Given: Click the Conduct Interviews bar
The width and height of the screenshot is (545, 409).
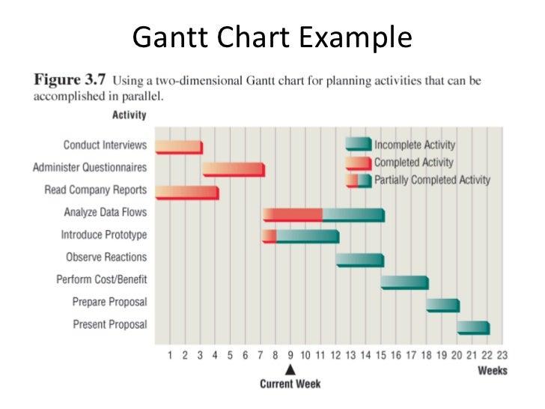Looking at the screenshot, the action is pos(178,147).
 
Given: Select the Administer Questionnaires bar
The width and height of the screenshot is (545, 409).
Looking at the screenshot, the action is pos(233,169).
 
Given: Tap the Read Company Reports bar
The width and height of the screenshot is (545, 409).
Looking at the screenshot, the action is pos(186,192).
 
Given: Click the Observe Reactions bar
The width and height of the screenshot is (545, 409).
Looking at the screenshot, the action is pos(359,259).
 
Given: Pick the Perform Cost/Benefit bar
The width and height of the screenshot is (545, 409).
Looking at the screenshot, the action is pos(404,282).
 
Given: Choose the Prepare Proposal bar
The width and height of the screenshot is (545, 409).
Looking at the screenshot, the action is pos(442,304).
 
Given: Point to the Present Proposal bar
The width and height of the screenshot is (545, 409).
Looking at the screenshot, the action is pos(473,327).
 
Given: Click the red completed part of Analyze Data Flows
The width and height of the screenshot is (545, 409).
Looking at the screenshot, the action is pos(292,214).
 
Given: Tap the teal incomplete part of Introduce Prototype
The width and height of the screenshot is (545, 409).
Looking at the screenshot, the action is pos(307,237).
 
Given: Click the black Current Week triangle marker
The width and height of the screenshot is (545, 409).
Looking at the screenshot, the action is pos(290,370).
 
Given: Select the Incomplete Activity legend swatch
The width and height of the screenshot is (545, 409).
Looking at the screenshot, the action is pos(358,145).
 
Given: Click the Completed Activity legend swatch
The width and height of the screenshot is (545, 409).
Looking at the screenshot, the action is pos(358,163).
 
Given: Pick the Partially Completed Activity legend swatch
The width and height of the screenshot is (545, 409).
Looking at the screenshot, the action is pos(358,181).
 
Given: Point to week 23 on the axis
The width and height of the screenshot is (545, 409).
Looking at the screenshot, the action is pos(502,356).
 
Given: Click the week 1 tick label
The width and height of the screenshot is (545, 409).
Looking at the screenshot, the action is pos(170,356).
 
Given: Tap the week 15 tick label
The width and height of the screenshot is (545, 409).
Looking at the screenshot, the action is pos(381,356).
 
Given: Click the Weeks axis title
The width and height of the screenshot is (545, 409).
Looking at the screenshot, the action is pos(492,371).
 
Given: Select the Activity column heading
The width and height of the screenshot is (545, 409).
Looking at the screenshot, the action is pos(129,115).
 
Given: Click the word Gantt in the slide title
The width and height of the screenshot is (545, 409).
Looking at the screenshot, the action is pos(165,37).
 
